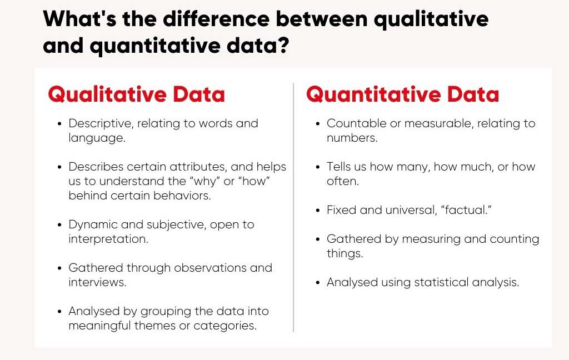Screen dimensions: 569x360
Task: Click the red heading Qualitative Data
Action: [x=137, y=94]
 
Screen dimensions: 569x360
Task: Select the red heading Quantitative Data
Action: [x=403, y=94]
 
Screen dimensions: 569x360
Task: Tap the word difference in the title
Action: [x=216, y=18]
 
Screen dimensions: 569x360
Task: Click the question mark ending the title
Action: [x=283, y=46]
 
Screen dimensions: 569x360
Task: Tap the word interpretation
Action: [x=108, y=239]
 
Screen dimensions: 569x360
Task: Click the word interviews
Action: [x=97, y=282]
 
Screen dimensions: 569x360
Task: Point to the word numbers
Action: [x=352, y=138]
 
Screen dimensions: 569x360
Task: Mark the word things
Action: [x=345, y=253]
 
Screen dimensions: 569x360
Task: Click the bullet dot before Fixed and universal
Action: [x=318, y=211]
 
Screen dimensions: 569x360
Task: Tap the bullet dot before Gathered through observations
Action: [x=59, y=268]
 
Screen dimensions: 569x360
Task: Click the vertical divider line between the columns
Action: [x=293, y=207]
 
